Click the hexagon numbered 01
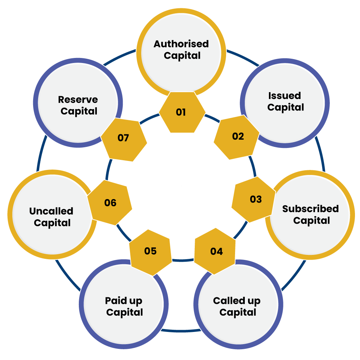182,112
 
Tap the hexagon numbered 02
237,137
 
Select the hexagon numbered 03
254,199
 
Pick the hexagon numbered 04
215,251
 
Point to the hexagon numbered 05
150,252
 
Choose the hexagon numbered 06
110,202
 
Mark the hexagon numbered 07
124,140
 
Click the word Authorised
181,44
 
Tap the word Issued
285,95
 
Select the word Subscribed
310,209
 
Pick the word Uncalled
51,211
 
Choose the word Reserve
78,100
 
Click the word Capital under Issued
285,108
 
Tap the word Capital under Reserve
79,112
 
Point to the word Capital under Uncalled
52,223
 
